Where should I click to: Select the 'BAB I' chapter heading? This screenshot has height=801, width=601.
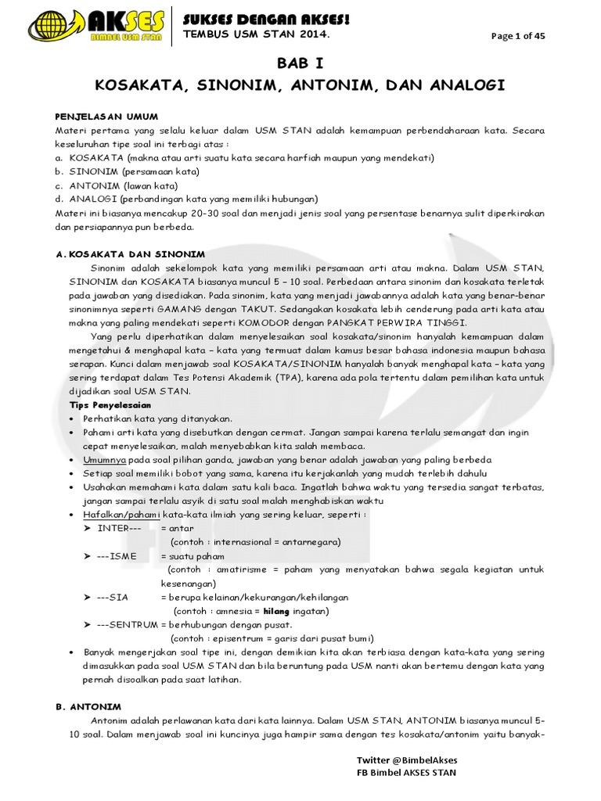[300, 63]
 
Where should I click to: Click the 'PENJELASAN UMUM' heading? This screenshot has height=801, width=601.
[107, 116]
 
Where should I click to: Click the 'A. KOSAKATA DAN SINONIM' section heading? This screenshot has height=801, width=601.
[130, 254]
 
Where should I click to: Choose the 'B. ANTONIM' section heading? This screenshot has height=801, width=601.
[88, 705]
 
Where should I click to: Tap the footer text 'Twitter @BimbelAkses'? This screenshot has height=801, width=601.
[407, 760]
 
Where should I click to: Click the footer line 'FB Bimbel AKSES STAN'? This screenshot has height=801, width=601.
[406, 772]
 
